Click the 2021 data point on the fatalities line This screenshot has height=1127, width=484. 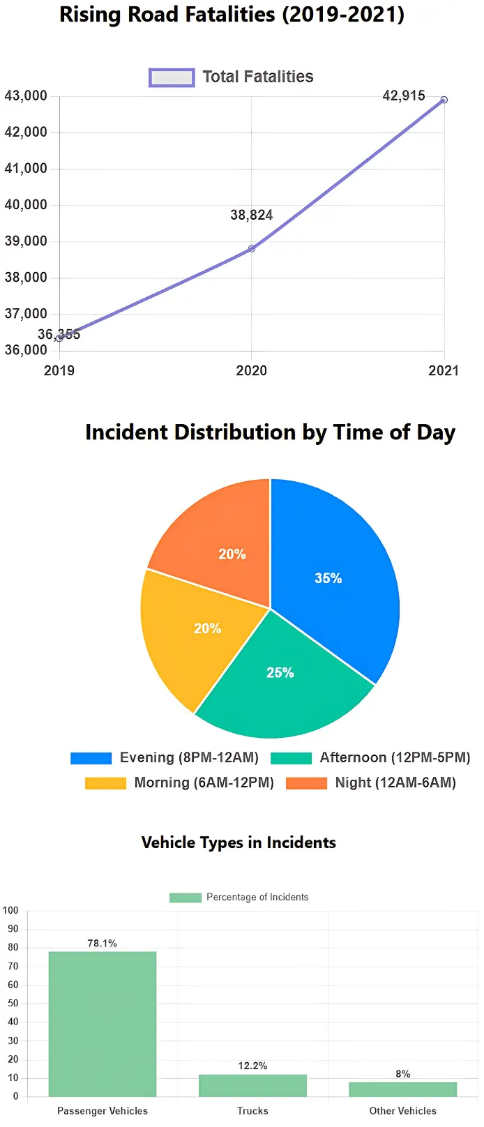pos(444,100)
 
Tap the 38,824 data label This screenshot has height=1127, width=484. pos(251,215)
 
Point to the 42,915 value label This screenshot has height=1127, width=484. pos(403,96)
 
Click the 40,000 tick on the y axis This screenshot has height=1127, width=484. pos(26,205)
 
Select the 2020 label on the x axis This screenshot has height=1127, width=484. pos(251,370)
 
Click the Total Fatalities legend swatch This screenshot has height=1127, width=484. pos(172,77)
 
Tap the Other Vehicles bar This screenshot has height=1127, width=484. pos(402,1089)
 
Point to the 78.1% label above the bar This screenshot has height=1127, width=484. pos(103,943)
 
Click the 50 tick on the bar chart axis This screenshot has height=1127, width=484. pos(13,1004)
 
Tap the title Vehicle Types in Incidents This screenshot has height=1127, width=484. pos(239,842)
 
